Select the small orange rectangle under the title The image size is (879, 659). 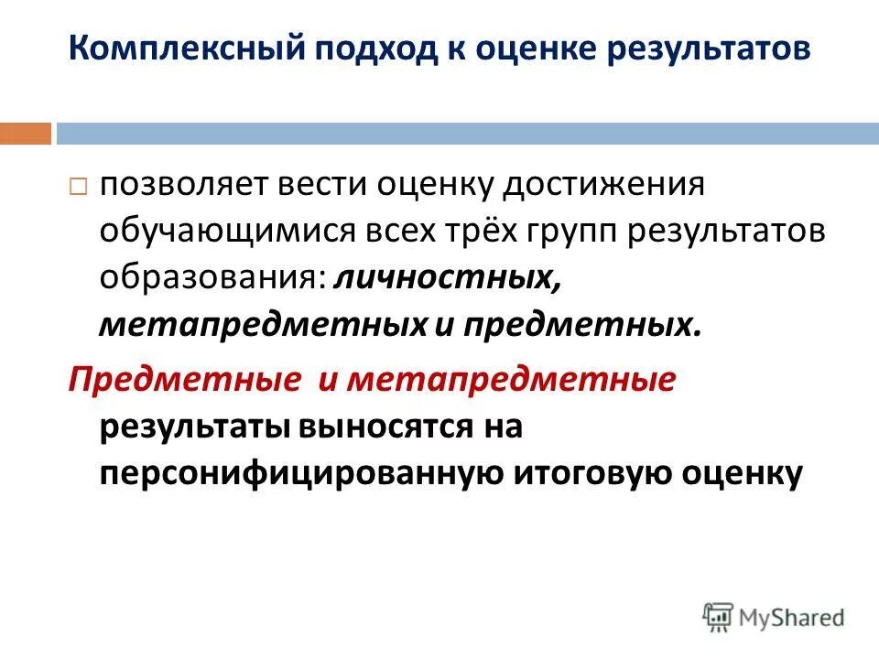point(25,134)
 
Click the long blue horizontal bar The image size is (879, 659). point(466,134)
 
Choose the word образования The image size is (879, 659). point(212,278)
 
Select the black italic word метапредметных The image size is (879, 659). point(262,325)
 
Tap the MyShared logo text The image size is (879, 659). point(793,617)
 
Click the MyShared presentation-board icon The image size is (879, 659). point(718,616)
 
